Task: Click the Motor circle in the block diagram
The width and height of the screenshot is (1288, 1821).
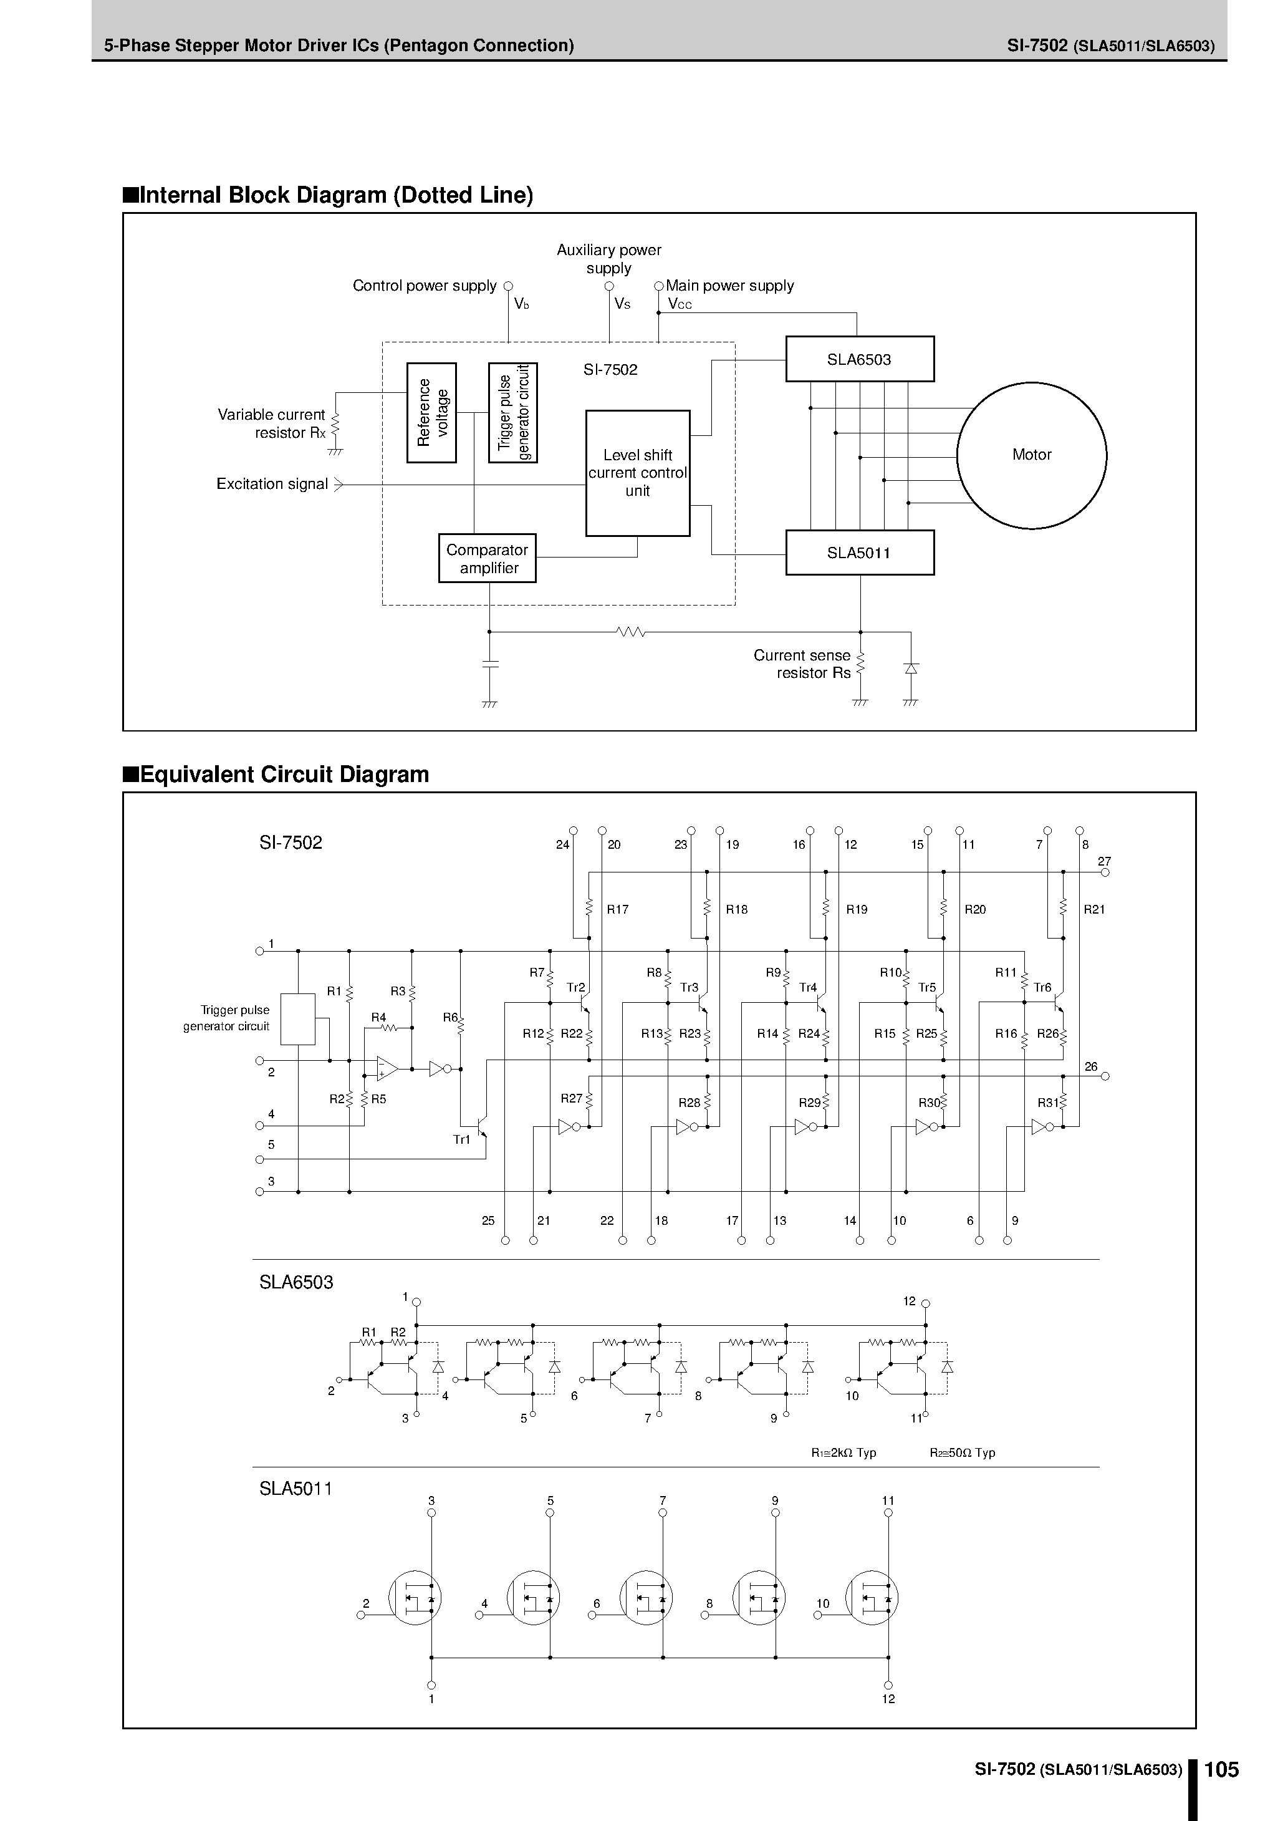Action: click(x=1031, y=455)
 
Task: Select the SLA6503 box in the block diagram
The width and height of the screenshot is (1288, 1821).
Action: click(x=859, y=359)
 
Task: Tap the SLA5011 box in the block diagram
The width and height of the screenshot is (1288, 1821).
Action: click(x=859, y=553)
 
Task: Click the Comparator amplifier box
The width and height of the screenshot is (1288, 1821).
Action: click(x=487, y=558)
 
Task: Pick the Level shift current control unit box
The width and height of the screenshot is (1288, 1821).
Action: click(x=637, y=473)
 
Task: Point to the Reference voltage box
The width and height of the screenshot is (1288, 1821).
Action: click(x=431, y=412)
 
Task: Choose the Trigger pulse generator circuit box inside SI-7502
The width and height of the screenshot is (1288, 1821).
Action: click(x=512, y=412)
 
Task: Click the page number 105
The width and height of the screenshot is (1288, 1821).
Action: click(x=1221, y=1769)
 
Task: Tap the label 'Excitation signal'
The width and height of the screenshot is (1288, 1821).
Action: click(x=272, y=484)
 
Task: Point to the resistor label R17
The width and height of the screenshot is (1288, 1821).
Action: click(x=617, y=910)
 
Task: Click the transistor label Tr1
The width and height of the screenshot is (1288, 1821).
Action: click(x=461, y=1140)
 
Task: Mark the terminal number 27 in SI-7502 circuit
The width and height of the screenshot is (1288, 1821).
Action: click(x=1104, y=861)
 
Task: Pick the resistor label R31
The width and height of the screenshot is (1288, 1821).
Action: click(x=1048, y=1103)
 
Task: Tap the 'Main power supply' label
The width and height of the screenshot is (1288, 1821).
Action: click(x=729, y=286)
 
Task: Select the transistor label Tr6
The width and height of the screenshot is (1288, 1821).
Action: click(x=1042, y=987)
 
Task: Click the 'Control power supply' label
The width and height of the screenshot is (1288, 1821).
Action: click(x=425, y=286)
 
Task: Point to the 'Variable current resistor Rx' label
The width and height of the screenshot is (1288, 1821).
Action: click(x=271, y=423)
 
